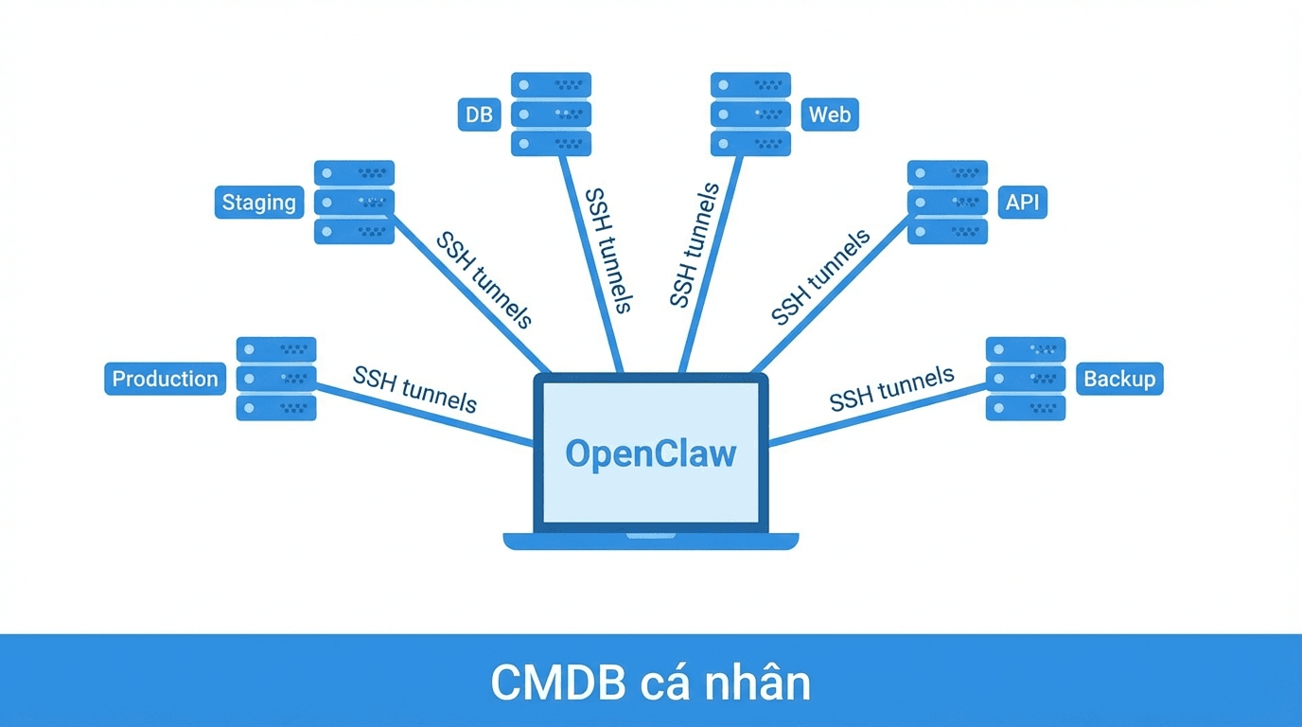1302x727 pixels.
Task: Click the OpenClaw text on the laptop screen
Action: tap(650, 453)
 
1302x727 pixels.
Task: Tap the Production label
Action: tap(166, 379)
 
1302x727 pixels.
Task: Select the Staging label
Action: tap(258, 202)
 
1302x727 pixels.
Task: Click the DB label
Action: tap(479, 115)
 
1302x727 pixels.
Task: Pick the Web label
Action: tap(830, 115)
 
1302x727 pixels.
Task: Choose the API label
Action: tap(1023, 202)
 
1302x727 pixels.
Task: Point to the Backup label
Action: tap(1119, 379)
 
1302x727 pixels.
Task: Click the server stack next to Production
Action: tap(275, 379)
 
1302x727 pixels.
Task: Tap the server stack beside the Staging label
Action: tap(354, 202)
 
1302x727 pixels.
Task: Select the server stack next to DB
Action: tap(551, 115)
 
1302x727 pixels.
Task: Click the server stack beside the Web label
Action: tap(750, 115)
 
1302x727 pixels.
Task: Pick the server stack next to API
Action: tap(947, 202)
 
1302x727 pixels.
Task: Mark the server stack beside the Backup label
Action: tap(1026, 379)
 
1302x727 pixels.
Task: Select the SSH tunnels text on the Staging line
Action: tap(484, 279)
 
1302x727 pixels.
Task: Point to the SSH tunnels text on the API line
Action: tap(819, 277)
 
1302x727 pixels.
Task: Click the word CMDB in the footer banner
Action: tap(544, 682)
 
